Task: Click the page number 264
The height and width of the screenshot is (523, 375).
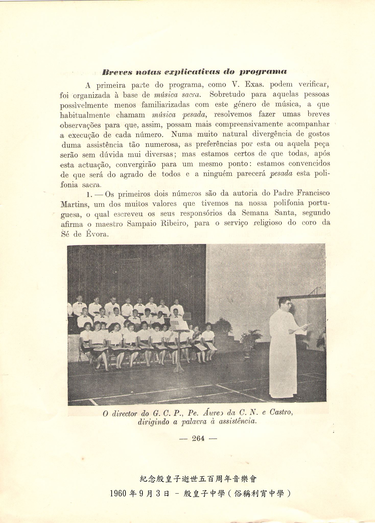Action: (x=198, y=438)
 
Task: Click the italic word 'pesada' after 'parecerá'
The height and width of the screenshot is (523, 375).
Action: (x=281, y=174)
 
